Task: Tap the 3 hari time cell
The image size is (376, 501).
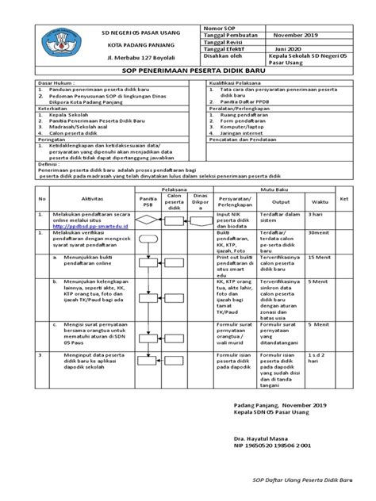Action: tap(316, 214)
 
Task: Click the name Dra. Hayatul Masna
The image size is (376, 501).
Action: tap(267, 438)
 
